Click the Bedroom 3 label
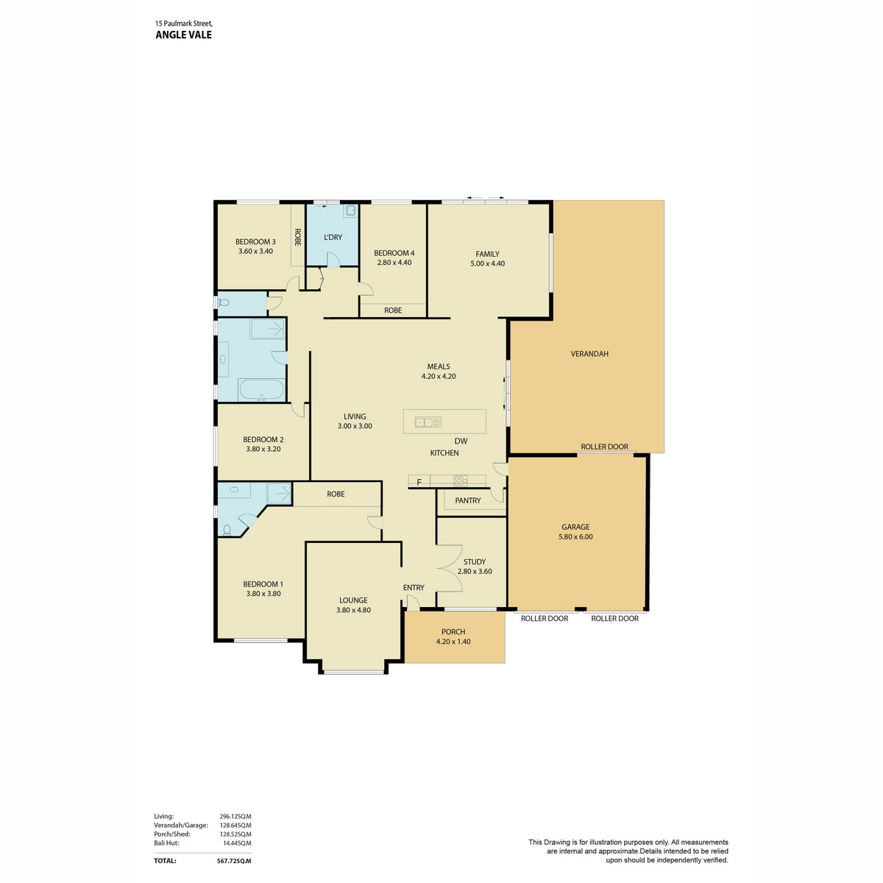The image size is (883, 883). coord(255,241)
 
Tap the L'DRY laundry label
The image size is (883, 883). coord(333,238)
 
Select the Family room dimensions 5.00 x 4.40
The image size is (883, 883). coord(487,263)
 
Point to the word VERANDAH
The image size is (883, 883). coord(589,354)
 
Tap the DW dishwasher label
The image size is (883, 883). coord(461,441)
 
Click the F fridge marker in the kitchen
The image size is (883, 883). coord(419,482)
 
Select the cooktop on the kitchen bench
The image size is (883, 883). coord(461,480)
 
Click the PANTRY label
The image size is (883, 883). coord(467,500)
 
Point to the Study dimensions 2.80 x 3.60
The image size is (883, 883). coord(475,572)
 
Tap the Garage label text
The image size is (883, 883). coord(575,527)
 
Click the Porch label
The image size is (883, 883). coord(453,632)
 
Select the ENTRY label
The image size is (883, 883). coord(414,587)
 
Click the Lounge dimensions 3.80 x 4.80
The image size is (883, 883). coord(353,610)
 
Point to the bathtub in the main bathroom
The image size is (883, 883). coord(261,390)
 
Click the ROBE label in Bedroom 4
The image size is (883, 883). coord(393,311)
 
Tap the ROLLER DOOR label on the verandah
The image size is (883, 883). coord(604,447)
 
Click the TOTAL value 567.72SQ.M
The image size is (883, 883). coord(234,861)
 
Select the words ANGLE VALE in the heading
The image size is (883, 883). coord(183,35)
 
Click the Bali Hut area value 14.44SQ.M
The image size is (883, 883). coord(236,843)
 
